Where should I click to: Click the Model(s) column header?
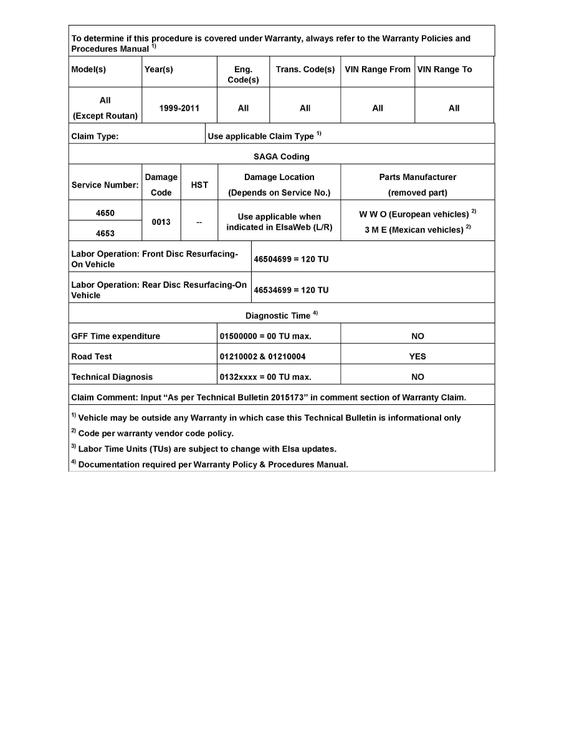pyautogui.click(x=88, y=70)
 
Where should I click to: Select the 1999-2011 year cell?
pyautogui.click(x=179, y=108)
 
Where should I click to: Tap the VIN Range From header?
pyautogui.click(x=378, y=70)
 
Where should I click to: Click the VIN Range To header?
pyautogui.click(x=444, y=70)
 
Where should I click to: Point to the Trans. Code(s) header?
pyautogui.click(x=305, y=70)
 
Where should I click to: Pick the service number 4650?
pyautogui.click(x=105, y=213)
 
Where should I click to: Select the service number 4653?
pyautogui.click(x=105, y=234)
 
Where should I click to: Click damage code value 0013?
pyautogui.click(x=161, y=222)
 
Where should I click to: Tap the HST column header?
pyautogui.click(x=199, y=185)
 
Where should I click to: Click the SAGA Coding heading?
pyautogui.click(x=282, y=156)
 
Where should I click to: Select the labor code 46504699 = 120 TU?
pyautogui.click(x=291, y=259)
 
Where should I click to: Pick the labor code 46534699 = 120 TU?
pyautogui.click(x=291, y=290)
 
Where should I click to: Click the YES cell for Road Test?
pyautogui.click(x=417, y=357)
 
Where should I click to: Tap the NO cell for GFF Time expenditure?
pyautogui.click(x=417, y=336)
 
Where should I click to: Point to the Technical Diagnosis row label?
pyautogui.click(x=112, y=377)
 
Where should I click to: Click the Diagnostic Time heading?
pyautogui.click(x=278, y=316)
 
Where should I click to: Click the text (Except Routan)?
pyautogui.click(x=105, y=116)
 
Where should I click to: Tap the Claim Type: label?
pyautogui.click(x=95, y=136)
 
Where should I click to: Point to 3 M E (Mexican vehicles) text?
pyautogui.click(x=414, y=230)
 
